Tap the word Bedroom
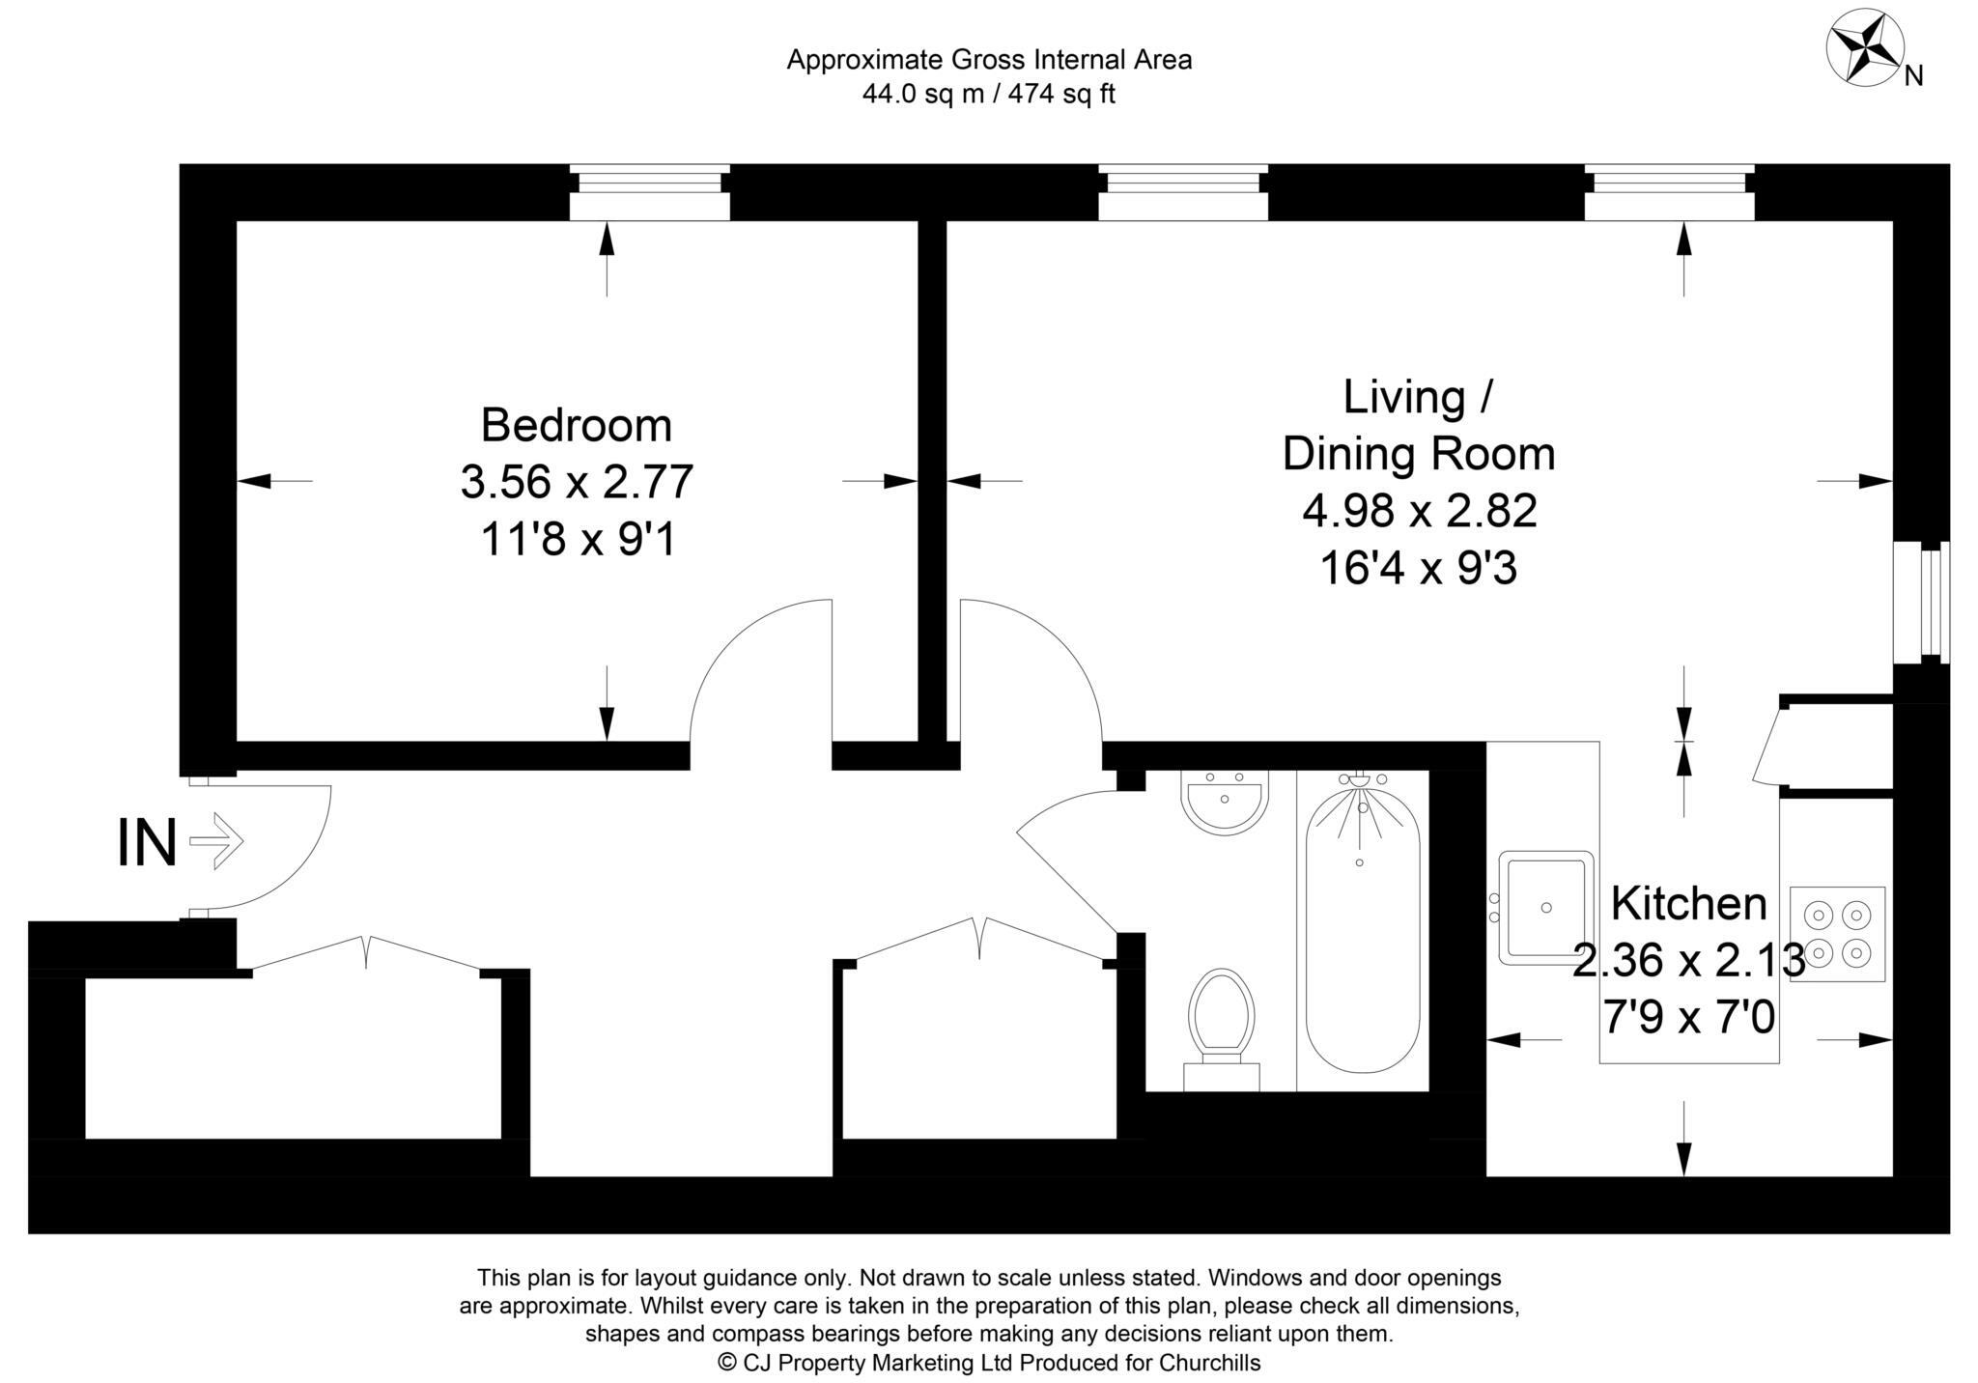pyautogui.click(x=576, y=425)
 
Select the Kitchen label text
pyautogui.click(x=1689, y=904)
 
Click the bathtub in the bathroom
pyautogui.click(x=1363, y=927)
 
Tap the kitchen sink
pyautogui.click(x=1545, y=908)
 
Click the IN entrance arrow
pyautogui.click(x=216, y=841)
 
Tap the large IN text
pyautogui.click(x=147, y=843)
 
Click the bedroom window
pyautogui.click(x=649, y=193)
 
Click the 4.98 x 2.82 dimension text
pyautogui.click(x=1419, y=511)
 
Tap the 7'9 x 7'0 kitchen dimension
pyautogui.click(x=1689, y=1017)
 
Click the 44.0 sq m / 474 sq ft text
pyautogui.click(x=989, y=95)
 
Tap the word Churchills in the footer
pyautogui.click(x=1209, y=1363)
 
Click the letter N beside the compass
pyautogui.click(x=1913, y=76)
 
